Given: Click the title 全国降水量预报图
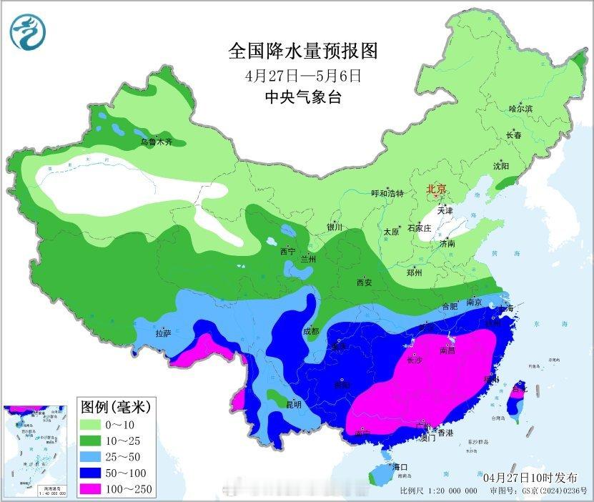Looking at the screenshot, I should click(302, 51).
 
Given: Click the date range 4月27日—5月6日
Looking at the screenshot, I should click(302, 75).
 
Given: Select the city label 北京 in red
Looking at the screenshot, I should click(436, 190).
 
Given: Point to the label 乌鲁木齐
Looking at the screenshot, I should click(156, 142).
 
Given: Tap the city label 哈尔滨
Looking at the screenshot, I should click(520, 108).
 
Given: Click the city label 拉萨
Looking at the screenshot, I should click(163, 333).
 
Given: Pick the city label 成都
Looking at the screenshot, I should click(310, 331).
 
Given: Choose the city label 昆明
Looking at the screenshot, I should click(293, 404).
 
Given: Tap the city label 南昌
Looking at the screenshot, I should click(448, 350).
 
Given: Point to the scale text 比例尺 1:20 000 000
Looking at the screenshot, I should click(439, 491).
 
